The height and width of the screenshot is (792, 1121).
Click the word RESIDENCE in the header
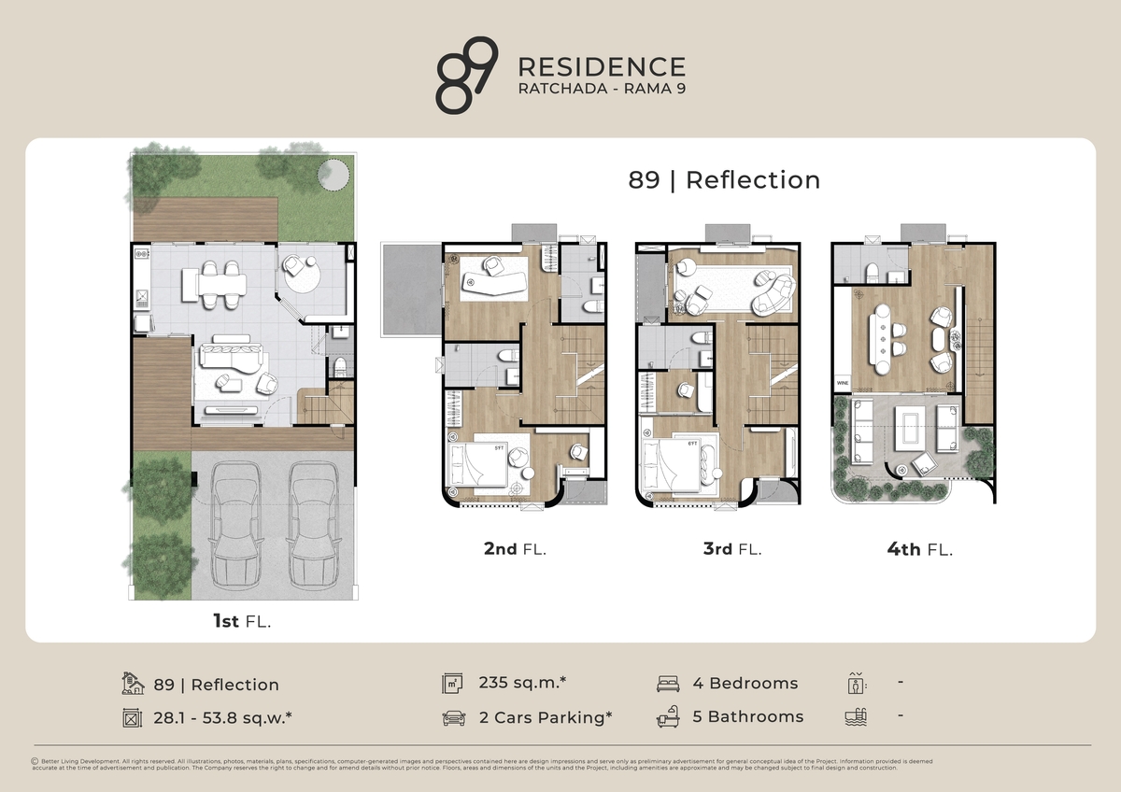[601, 67]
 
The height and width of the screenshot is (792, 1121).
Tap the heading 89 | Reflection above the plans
[724, 179]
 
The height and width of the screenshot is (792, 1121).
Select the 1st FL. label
[241, 621]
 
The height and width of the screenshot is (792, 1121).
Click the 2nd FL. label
[515, 549]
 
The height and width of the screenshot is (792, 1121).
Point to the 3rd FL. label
[732, 549]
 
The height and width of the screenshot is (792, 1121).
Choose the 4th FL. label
[919, 549]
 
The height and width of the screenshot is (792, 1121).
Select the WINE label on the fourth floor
[842, 383]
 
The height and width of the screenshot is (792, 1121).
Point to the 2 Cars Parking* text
[545, 717]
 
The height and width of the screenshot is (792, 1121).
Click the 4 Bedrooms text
[745, 683]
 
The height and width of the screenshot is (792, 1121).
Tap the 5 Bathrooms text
[747, 717]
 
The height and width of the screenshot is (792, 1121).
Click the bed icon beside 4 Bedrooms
[668, 683]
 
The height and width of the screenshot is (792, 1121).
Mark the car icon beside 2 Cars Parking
[453, 718]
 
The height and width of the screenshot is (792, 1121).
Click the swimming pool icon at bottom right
[855, 717]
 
